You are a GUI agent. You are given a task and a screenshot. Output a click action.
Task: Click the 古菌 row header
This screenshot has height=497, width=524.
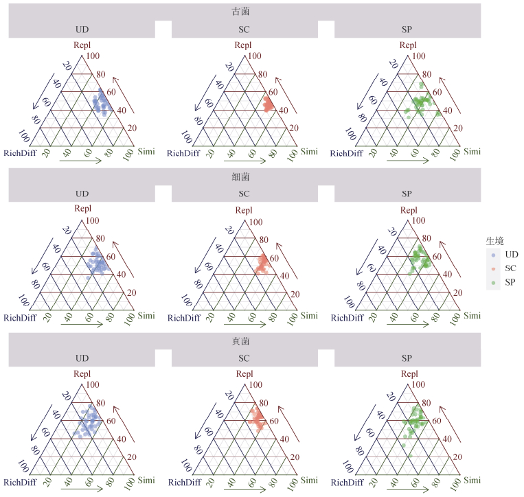click(244, 11)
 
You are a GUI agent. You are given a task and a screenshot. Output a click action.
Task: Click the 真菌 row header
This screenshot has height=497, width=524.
click(244, 340)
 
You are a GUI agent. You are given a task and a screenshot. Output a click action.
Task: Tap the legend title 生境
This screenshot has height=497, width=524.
click(495, 240)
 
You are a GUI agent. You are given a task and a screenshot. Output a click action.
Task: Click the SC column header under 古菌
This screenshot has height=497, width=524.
click(244, 30)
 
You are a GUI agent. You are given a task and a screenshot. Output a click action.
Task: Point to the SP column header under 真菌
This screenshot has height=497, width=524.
click(407, 358)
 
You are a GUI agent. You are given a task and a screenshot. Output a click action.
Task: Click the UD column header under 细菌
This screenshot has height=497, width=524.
click(82, 194)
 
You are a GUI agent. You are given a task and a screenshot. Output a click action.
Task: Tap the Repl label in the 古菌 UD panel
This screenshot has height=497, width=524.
click(82, 45)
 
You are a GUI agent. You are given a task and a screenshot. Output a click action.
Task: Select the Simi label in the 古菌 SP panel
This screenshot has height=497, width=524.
click(472, 151)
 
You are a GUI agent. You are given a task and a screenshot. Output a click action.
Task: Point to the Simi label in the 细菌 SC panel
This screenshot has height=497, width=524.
click(308, 315)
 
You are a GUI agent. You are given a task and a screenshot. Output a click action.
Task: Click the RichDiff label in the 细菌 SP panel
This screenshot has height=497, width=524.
click(346, 318)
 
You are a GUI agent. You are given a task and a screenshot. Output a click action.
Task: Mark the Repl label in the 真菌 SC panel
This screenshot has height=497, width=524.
click(244, 374)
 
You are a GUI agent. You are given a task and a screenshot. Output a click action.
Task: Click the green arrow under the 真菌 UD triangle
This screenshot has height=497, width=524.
click(81, 488)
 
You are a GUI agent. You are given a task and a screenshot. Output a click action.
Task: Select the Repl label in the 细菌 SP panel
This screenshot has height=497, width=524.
click(407, 210)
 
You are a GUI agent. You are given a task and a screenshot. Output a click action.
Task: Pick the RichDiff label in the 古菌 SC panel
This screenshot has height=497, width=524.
click(183, 153)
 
